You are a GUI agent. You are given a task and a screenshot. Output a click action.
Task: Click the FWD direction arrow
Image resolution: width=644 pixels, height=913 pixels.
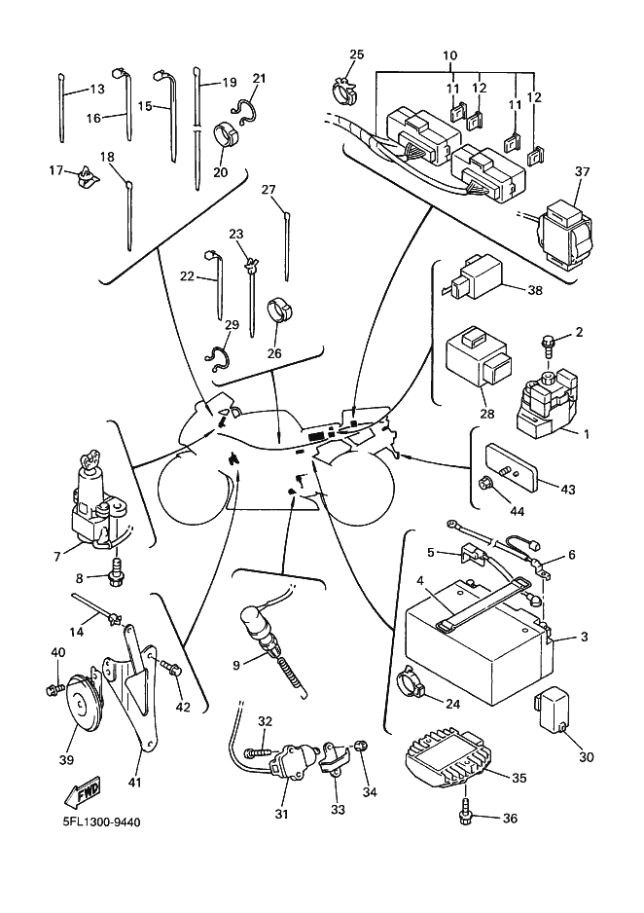[85, 791]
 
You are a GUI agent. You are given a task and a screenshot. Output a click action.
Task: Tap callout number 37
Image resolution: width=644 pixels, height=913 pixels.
[583, 171]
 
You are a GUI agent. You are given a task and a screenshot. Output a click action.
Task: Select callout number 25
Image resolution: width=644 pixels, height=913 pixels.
[356, 55]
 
